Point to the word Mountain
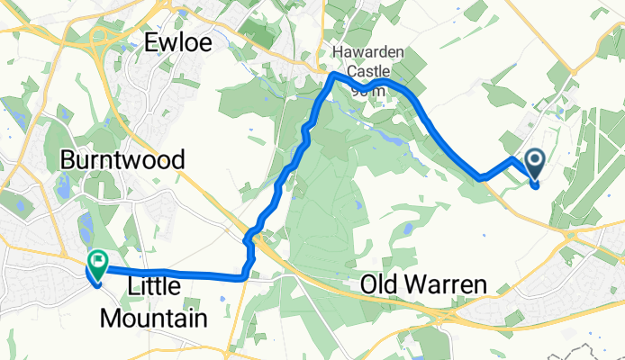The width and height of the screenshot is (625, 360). click(153, 317)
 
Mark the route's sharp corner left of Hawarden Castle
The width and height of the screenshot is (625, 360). click(335, 77)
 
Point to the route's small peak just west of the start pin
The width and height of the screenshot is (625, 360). click(512, 159)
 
